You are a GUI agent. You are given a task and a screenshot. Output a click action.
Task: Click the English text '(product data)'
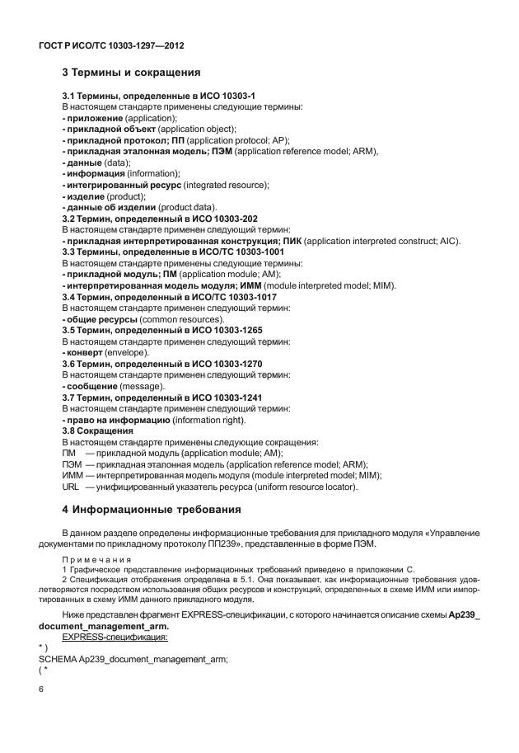click(188, 207)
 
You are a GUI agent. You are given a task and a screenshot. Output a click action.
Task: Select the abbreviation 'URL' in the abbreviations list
click(71, 487)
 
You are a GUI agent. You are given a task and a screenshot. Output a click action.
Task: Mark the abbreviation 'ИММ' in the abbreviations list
click(72, 476)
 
